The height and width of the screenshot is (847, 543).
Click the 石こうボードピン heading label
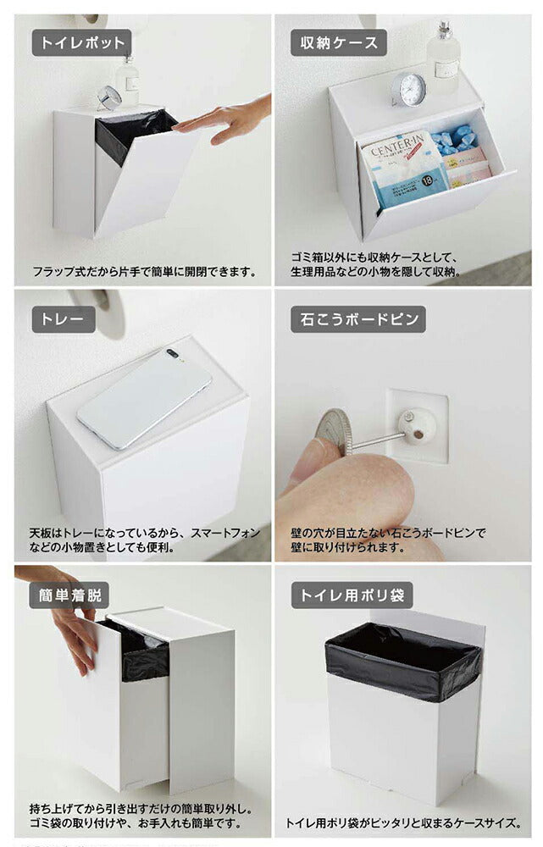357,319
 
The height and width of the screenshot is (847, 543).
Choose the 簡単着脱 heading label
70,595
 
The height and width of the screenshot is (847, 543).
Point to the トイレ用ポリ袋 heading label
352,595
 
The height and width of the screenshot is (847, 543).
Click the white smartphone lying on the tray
144,397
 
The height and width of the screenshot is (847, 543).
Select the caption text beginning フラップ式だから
144,273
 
